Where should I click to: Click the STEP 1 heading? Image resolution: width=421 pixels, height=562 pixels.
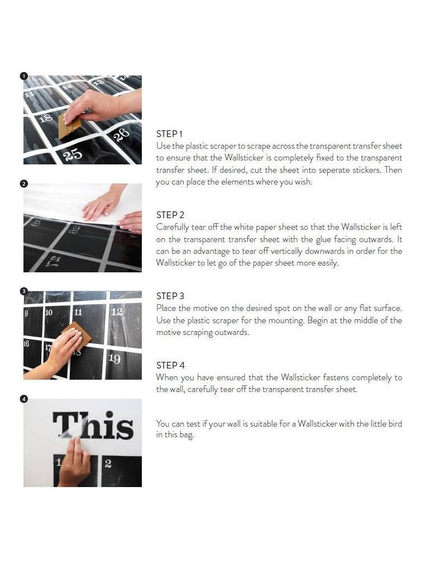169,134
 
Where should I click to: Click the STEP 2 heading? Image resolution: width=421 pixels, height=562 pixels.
170,215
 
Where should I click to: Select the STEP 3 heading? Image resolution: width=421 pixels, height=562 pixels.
170,296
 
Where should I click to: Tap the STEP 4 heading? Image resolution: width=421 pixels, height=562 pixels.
170,365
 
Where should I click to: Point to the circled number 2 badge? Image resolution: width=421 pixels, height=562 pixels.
23,183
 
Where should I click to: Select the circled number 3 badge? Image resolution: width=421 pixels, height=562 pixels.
23,291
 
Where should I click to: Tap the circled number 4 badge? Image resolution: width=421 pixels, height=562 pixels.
23,399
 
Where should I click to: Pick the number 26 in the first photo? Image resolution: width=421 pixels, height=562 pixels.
121,134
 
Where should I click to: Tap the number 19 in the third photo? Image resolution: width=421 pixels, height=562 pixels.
114,358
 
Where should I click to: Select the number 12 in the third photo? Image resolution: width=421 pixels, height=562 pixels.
116,311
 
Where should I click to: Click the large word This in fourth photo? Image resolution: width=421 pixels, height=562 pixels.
93,426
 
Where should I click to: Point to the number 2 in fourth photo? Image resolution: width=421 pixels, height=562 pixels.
108,464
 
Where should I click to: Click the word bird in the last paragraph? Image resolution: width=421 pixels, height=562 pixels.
394,424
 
